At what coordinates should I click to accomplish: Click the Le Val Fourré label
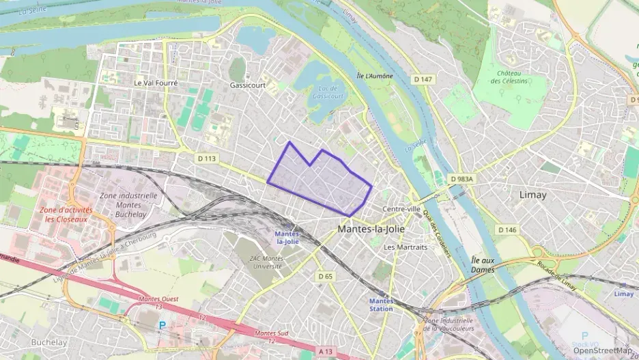click(x=156, y=83)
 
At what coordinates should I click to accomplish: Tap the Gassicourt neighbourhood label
click(x=247, y=83)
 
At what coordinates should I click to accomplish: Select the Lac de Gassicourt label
click(x=328, y=92)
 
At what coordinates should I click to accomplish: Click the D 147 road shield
click(x=423, y=80)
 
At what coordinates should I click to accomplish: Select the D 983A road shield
click(x=461, y=179)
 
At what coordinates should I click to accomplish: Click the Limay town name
click(x=532, y=195)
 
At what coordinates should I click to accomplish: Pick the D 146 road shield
click(x=507, y=230)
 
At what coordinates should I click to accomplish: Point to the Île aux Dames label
click(x=483, y=264)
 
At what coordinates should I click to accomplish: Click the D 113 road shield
click(x=206, y=158)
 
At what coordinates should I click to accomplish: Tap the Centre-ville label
click(x=401, y=209)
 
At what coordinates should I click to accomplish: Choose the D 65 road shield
click(x=325, y=276)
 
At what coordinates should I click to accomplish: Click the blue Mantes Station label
click(x=381, y=305)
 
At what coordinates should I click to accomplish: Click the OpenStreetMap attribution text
click(x=602, y=350)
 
